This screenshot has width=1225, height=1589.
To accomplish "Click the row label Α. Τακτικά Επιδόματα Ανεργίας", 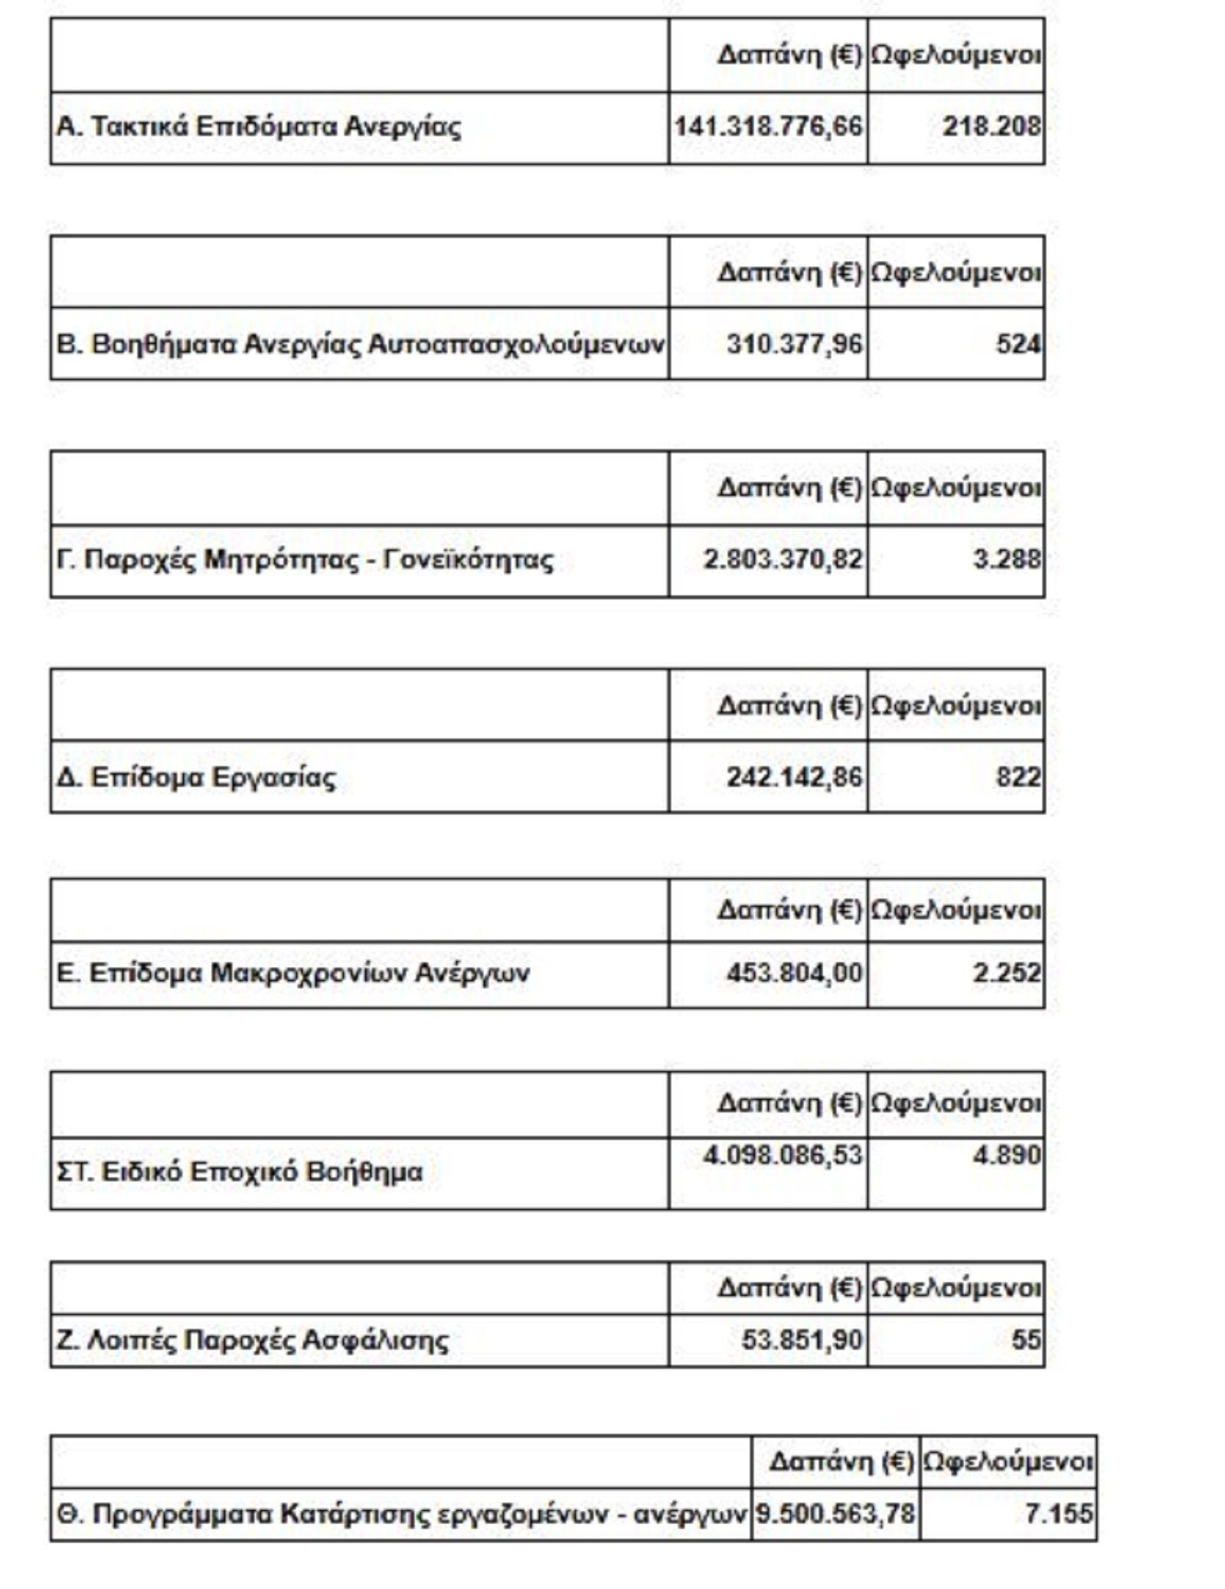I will [259, 126].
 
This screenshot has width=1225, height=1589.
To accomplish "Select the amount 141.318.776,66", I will [768, 126].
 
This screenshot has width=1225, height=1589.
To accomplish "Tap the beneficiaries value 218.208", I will [991, 126].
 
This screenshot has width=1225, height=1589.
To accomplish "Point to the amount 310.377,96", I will [794, 345].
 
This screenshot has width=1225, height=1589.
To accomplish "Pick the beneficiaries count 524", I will [1018, 345].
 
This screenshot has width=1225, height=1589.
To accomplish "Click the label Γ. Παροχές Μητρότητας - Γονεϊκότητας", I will [305, 560].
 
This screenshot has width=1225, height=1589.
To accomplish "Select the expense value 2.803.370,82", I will [782, 560].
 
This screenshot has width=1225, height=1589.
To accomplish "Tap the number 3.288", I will [1006, 560].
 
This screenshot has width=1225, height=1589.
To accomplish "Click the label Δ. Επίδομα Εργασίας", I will [196, 777].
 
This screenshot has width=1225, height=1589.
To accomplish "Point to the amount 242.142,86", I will [794, 777].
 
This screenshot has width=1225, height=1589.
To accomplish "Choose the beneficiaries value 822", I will [1018, 777].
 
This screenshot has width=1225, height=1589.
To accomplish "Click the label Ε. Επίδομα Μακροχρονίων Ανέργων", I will [292, 973].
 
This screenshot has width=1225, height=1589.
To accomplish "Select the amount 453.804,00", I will [794, 973].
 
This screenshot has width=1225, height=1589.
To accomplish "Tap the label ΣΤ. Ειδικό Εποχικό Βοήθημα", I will [239, 1172].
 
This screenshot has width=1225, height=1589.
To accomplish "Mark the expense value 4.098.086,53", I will [782, 1156].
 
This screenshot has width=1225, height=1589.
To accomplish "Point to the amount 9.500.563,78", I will [835, 1514].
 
